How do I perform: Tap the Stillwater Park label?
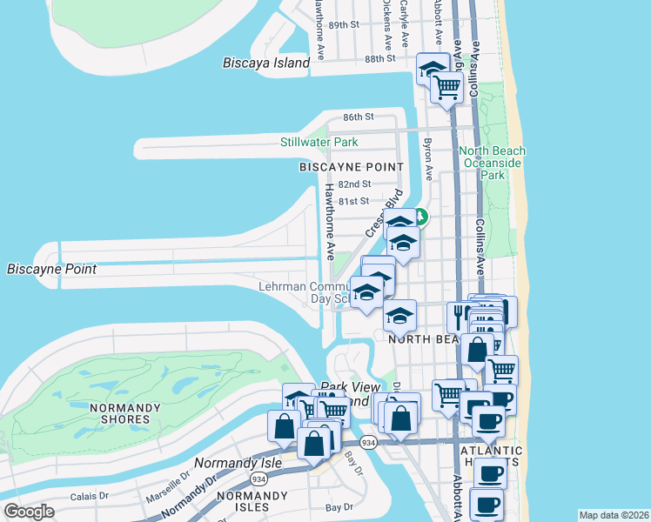tap(319, 142)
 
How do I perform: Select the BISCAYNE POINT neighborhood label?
tap(352, 166)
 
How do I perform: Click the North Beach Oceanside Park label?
tap(493, 163)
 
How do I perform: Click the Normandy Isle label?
tap(238, 463)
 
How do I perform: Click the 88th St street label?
tap(380, 58)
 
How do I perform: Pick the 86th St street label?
tap(358, 117)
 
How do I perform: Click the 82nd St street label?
tap(354, 184)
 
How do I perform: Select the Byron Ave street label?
tap(427, 152)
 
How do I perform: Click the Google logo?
tap(29, 512)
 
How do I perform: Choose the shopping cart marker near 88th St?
tap(446, 87)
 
